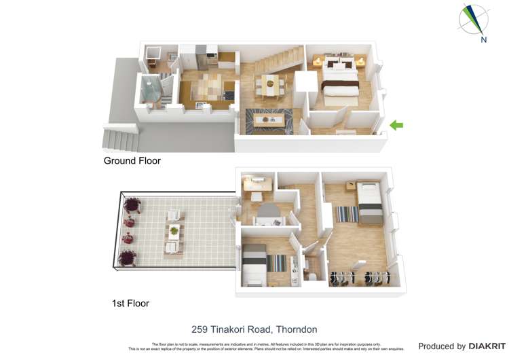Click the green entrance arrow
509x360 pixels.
point(396,125)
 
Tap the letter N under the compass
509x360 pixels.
point(484,40)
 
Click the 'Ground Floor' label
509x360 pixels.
point(132,161)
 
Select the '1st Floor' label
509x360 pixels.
point(130,304)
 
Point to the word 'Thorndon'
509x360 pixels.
point(296,329)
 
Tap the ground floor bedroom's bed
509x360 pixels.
point(339,79)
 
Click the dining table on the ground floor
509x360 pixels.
point(270,86)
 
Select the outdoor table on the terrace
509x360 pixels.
point(174,231)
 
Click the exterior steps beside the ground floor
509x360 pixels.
point(121,139)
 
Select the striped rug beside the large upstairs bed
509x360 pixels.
point(347,214)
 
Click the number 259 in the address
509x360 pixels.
point(200,329)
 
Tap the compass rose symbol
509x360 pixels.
point(473,19)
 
